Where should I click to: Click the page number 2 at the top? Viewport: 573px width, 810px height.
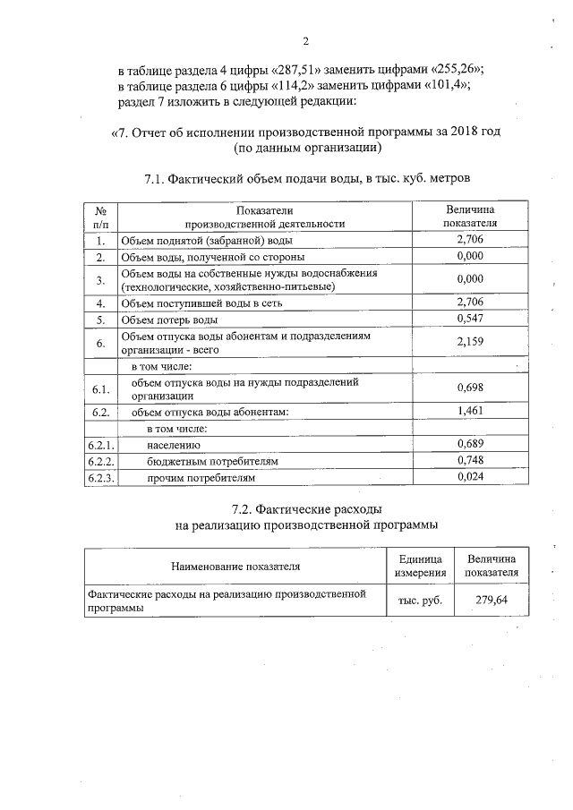(305, 41)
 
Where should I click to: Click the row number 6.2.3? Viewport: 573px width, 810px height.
(101, 477)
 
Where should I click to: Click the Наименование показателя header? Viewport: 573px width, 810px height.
(235, 566)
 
